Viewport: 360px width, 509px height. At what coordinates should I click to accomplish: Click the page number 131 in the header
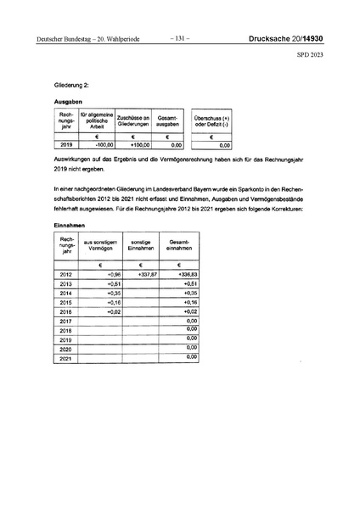click(180, 37)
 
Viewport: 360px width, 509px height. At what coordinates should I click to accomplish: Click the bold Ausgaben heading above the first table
click(68, 102)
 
